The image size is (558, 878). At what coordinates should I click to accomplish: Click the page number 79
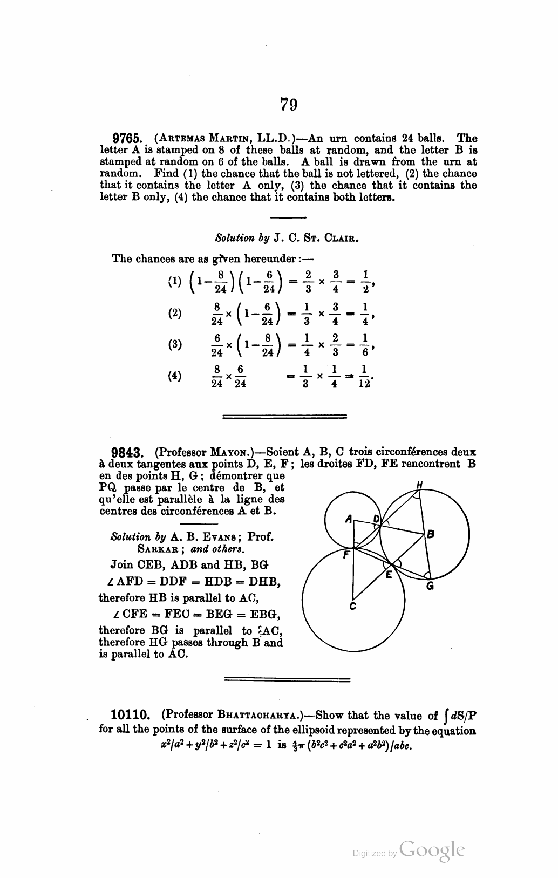click(x=289, y=104)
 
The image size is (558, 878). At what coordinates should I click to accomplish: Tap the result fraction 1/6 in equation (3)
click(x=365, y=344)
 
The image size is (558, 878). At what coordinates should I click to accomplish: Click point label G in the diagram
click(x=430, y=587)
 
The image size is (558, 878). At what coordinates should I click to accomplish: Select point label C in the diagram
click(x=352, y=606)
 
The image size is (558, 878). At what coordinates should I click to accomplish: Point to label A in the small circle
click(x=348, y=520)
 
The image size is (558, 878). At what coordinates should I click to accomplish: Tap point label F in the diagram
click(x=346, y=553)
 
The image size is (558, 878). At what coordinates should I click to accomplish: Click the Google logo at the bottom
click(x=432, y=852)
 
